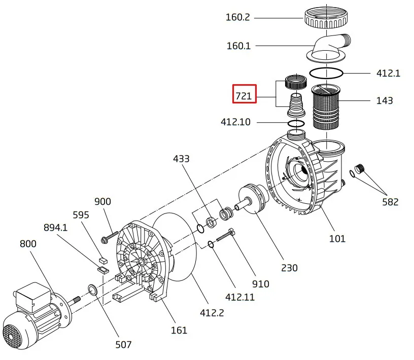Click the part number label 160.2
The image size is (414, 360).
(237, 17)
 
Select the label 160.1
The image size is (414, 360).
(238, 46)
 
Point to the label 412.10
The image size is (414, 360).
(235, 122)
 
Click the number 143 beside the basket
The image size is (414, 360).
(384, 100)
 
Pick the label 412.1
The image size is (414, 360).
(388, 73)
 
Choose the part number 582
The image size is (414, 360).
(390, 202)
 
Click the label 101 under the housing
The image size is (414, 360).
(337, 238)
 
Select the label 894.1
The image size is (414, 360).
(56, 228)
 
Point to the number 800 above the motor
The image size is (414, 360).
(28, 243)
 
